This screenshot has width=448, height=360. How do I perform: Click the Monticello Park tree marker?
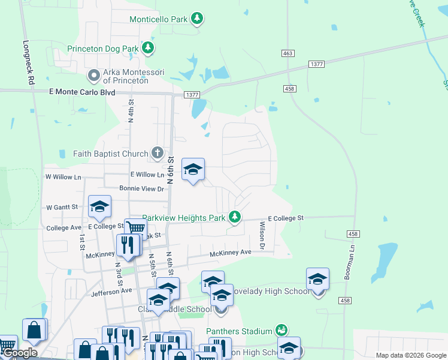pos(197,19)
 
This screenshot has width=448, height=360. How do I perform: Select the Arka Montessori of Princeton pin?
pos(94,76)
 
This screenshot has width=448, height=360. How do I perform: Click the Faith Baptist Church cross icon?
pos(157,152)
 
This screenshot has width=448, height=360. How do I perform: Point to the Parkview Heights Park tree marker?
pos(235,217)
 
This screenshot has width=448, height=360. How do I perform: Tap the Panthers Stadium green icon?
pos(281,330)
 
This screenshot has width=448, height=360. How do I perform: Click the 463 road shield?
pos(287,53)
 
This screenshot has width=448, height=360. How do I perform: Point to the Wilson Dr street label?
pos(262,235)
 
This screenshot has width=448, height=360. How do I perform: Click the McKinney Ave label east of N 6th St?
pos(230,253)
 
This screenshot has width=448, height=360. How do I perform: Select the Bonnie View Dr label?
pos(141,188)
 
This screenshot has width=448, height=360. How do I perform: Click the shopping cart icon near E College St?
pos(136,228)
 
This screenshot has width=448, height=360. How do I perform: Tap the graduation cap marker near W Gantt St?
pos(99,207)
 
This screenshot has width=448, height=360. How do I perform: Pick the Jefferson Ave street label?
pos(111,292)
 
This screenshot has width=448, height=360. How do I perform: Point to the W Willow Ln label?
pos(63,177)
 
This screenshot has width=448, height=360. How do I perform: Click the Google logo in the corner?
pos(20,353)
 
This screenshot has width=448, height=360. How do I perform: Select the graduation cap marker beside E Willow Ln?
pos(193,170)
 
